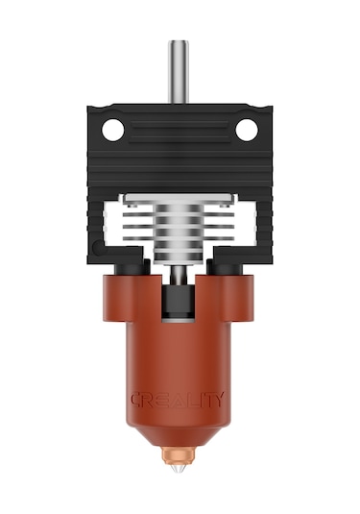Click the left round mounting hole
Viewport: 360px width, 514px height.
point(112,130)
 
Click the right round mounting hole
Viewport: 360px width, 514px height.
point(247,130)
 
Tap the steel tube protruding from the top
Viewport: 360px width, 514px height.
point(179,72)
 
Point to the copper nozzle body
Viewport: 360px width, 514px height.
point(179,455)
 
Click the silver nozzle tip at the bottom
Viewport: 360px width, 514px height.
point(179,470)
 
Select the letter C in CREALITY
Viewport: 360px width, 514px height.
point(136,400)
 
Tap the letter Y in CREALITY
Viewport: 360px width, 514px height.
point(219,400)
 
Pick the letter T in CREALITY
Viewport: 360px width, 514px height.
point(205,400)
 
